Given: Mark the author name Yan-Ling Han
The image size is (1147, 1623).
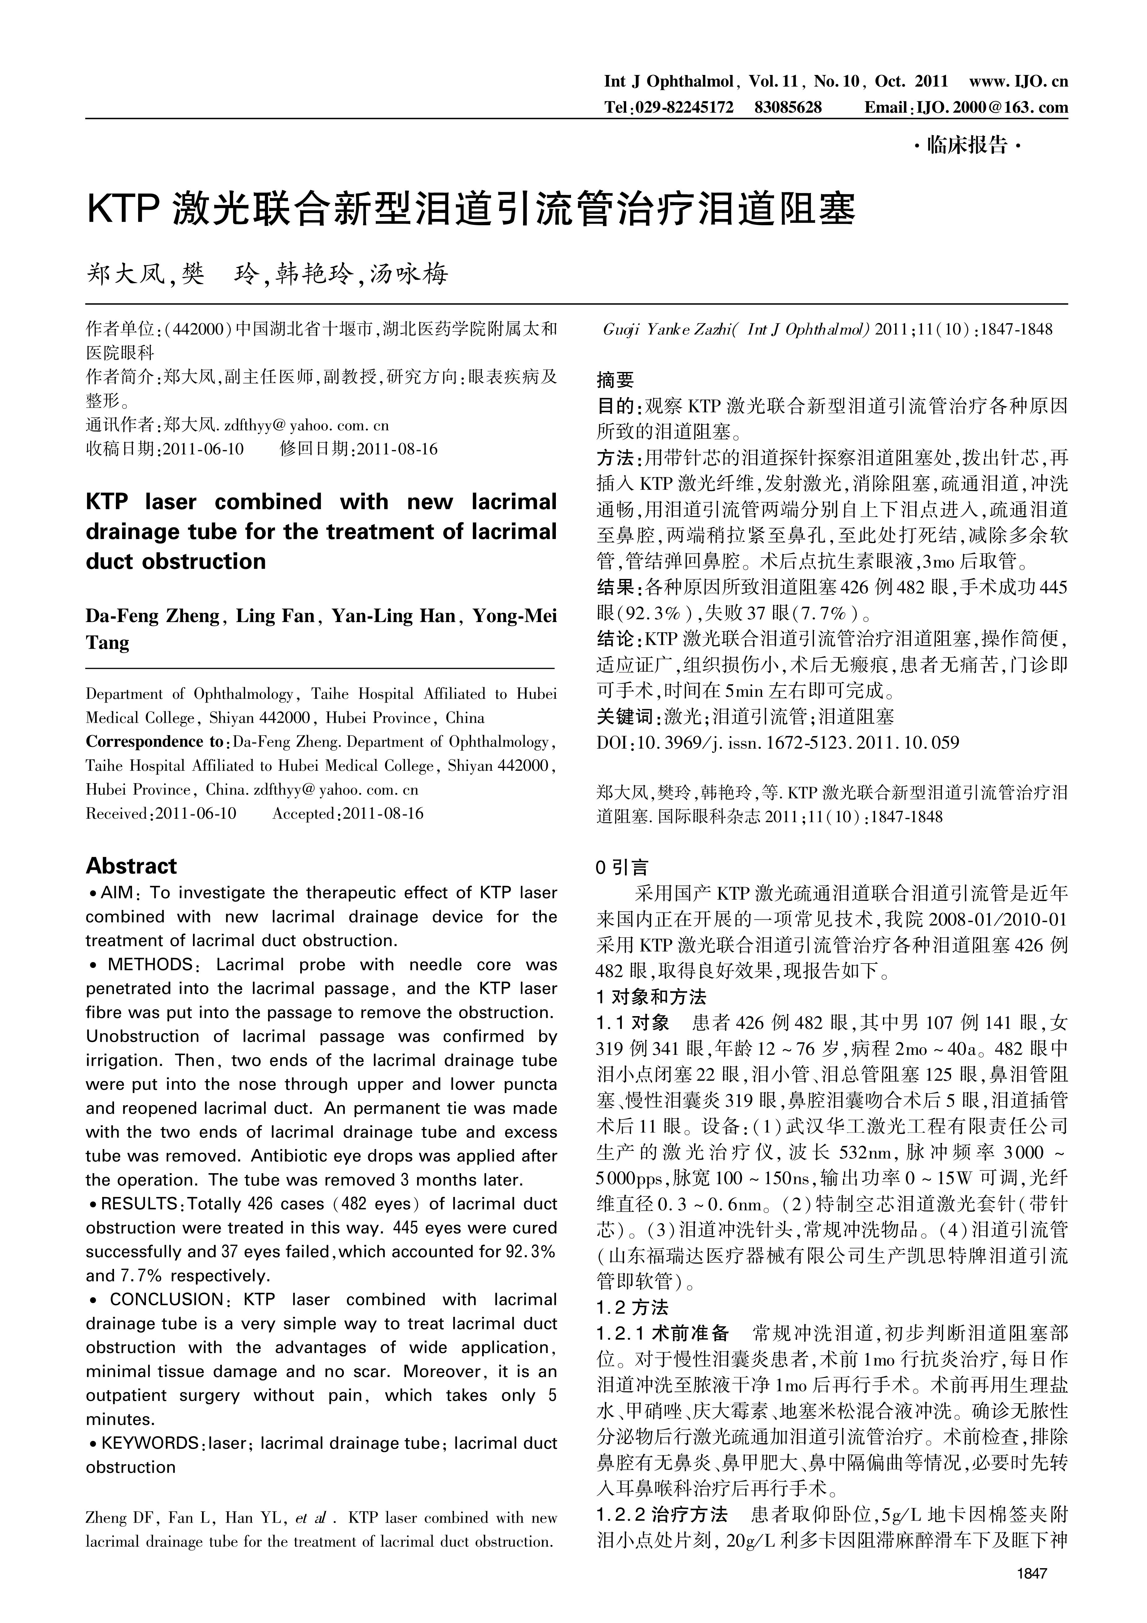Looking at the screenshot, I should click(x=394, y=616).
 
